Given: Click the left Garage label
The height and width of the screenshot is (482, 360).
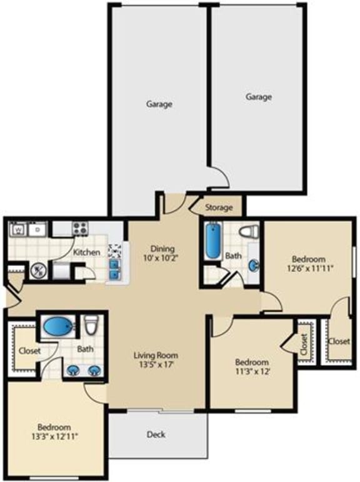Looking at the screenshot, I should [x=159, y=104].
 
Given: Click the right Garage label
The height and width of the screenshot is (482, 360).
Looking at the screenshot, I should [x=258, y=97].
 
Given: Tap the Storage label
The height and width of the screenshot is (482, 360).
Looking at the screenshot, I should [x=219, y=207].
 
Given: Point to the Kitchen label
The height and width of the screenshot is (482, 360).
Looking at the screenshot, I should [x=87, y=252].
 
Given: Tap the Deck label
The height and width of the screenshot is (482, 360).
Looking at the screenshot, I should [x=156, y=435].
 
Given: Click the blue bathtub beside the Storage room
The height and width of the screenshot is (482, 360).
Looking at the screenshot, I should [x=212, y=242].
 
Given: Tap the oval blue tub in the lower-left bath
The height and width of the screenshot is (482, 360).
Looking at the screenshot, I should [x=58, y=326].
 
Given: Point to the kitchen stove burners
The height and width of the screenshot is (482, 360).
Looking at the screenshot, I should [x=80, y=229].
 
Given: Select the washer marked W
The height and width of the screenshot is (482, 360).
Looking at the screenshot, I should [x=18, y=229].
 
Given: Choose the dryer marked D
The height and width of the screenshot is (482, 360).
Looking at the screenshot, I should [x=37, y=229].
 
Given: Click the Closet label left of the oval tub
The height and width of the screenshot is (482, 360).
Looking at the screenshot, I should [x=29, y=351].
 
